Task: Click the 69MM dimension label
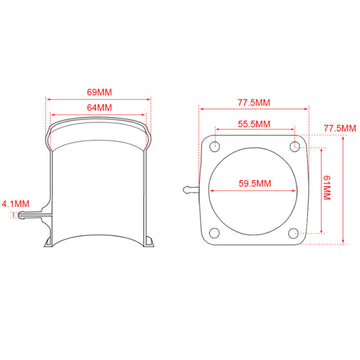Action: click(99, 92)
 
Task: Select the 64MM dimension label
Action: click(99, 108)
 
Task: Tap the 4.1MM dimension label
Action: click(16, 204)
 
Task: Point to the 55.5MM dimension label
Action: click(254, 124)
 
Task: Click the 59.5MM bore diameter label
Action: click(255, 183)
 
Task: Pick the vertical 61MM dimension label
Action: click(326, 188)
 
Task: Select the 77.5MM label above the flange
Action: click(254, 103)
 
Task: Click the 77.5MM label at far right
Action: click(340, 128)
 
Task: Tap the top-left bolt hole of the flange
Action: click(215, 145)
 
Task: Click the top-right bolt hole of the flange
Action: click(295, 146)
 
